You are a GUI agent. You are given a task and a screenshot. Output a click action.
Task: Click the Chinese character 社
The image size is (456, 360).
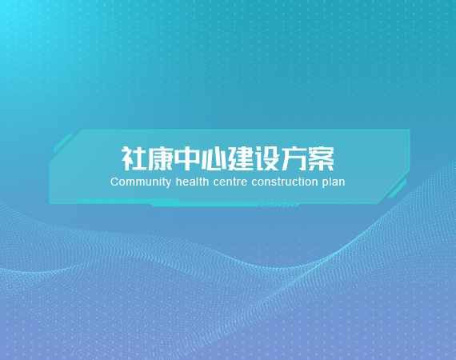point(134,158)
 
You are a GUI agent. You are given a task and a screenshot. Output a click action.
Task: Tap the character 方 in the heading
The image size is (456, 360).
point(294,158)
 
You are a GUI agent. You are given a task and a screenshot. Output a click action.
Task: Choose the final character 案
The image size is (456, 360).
point(321,158)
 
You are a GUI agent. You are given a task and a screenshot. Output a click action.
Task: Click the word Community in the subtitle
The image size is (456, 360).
point(141,182)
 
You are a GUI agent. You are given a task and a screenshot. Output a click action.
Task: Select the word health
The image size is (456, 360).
point(192,182)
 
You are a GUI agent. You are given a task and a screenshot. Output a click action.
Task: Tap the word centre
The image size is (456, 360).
point(230,182)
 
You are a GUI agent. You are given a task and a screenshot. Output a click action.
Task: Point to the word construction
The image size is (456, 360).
point(285,182)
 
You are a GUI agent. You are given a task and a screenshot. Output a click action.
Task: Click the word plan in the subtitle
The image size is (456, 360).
point(334,182)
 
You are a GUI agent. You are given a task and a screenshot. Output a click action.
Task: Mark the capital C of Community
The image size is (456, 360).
point(114,182)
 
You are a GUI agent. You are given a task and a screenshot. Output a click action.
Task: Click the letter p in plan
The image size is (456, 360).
point(325,183)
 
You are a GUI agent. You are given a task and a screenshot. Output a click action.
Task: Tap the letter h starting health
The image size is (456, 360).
point(178,182)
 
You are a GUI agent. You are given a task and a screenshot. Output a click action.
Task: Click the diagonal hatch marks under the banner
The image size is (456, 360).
point(279,206)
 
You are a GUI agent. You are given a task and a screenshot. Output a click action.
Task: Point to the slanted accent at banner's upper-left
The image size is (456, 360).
point(63,143)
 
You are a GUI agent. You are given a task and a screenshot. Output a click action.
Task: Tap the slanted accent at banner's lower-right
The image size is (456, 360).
point(397,189)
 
